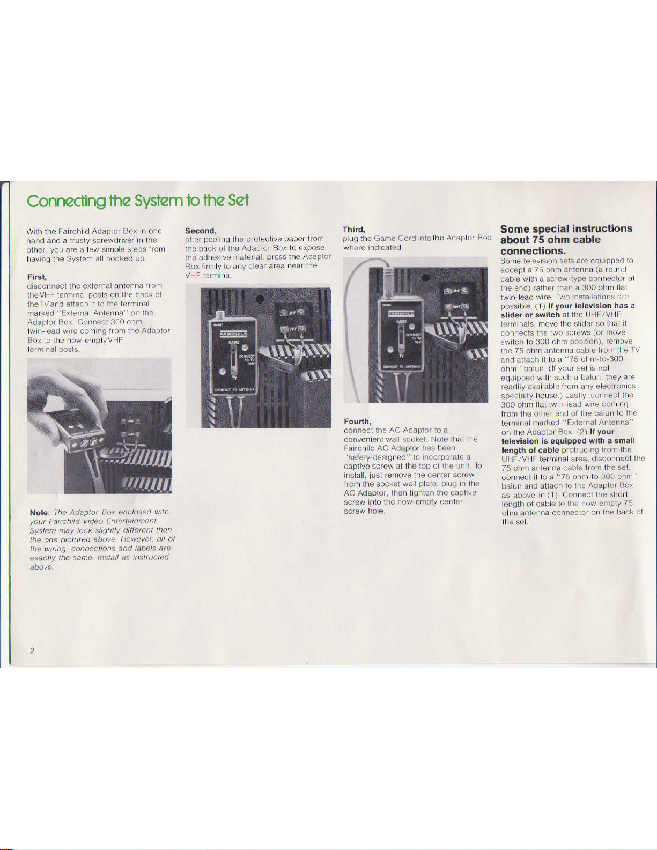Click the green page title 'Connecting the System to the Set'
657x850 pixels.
point(138,201)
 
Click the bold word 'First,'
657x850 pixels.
point(37,277)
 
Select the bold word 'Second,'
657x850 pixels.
point(201,231)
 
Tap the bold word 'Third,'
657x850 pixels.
point(354,229)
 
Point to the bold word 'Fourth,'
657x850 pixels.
point(357,422)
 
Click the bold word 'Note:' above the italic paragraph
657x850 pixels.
point(40,513)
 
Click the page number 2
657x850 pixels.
point(32,651)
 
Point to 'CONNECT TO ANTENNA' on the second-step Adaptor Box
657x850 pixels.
point(235,390)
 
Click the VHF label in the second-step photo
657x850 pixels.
point(293,329)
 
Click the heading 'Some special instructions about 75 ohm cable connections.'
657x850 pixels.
point(566,239)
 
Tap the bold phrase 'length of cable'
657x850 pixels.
point(530,450)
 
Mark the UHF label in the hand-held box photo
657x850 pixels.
point(131,420)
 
